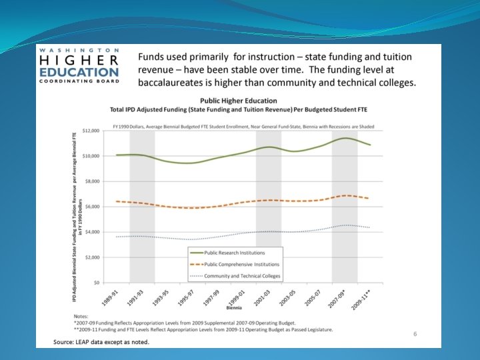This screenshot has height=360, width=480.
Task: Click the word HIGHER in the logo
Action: [x=79, y=61]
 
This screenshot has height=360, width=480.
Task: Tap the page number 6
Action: [x=415, y=333]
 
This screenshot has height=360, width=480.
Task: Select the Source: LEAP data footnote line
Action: [x=101, y=342]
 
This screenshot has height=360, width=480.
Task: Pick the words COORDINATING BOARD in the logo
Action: [x=79, y=81]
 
